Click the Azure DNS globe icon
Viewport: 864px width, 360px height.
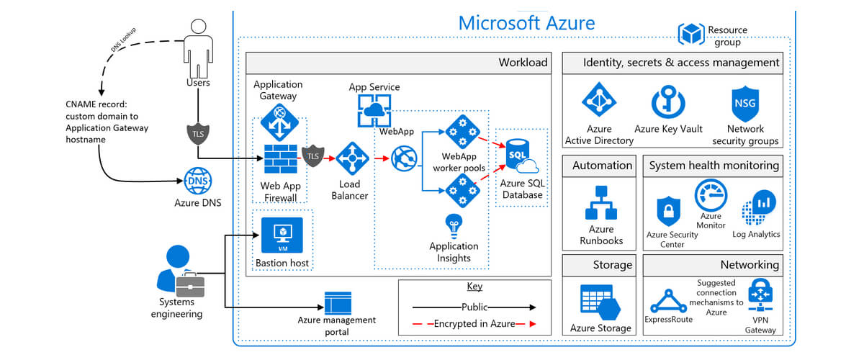click(197, 180)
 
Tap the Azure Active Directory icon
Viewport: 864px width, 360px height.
click(599, 102)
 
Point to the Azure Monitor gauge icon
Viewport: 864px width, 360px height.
click(711, 195)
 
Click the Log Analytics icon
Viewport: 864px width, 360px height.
click(757, 208)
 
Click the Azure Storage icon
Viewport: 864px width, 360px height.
click(600, 302)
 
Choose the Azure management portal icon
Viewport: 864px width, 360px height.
click(338, 302)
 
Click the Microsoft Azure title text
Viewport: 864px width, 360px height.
click(526, 22)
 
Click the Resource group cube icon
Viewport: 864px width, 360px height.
click(692, 33)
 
